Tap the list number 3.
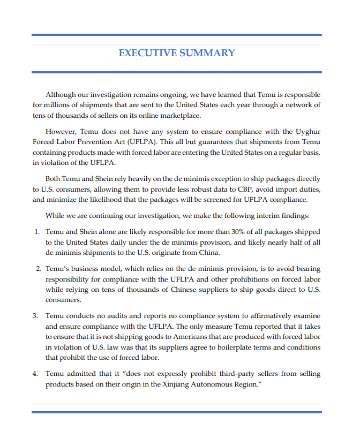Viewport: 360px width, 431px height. point(36,315)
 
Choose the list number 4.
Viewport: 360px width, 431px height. point(36,374)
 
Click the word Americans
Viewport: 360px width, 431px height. point(178,337)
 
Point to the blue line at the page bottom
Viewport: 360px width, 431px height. point(177,412)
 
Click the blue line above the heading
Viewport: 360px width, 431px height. point(177,35)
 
